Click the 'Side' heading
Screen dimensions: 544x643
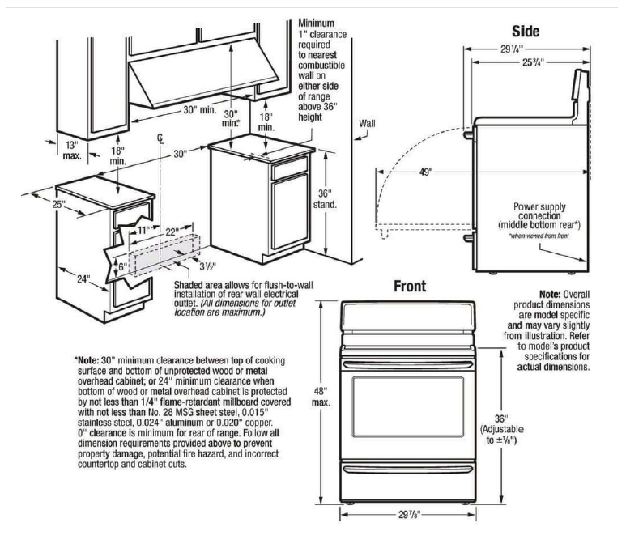coord(526,31)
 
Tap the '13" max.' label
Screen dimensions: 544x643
coord(72,149)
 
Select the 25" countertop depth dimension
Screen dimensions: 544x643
coord(58,205)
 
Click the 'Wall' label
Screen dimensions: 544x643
coord(368,123)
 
